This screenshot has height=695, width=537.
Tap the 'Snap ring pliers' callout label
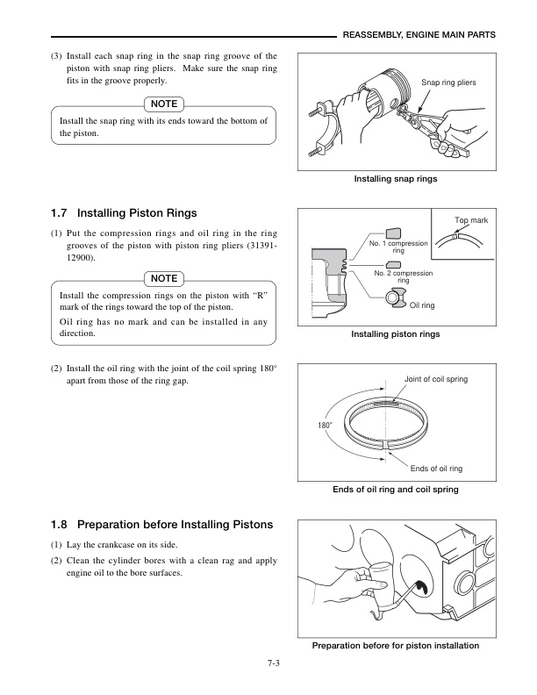448,82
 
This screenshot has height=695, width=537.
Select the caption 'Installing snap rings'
395,179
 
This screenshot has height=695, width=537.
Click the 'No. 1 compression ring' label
397,247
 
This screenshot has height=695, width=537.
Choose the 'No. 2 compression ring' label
404,276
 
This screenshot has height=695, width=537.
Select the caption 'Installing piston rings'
395,334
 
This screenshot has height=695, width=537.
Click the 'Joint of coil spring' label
435,379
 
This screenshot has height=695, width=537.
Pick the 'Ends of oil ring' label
436,469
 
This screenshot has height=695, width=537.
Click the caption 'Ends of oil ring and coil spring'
395,489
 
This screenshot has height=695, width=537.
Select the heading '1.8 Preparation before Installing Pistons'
162,526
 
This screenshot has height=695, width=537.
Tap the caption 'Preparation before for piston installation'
395,646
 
